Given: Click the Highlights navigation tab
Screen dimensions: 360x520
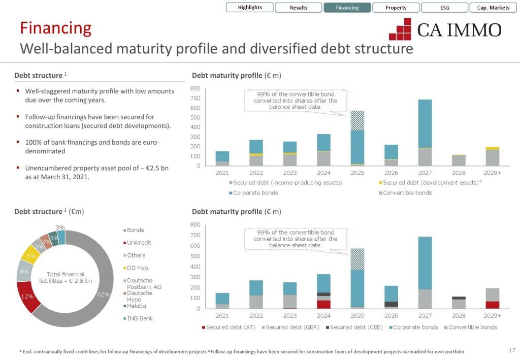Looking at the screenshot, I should (250, 8).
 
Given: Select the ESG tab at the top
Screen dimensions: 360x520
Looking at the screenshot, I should (445, 8).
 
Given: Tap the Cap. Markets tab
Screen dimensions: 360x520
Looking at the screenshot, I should (493, 8).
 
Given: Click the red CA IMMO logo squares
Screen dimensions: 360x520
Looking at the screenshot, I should (400, 29).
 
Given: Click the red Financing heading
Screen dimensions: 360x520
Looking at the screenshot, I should (55, 28).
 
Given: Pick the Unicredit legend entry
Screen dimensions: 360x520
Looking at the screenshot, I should (139, 243).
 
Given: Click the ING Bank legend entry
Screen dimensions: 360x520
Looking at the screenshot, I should (139, 318).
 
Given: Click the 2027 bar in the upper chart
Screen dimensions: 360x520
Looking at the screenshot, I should (425, 132).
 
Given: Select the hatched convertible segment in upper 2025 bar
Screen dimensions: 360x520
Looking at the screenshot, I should (357, 120).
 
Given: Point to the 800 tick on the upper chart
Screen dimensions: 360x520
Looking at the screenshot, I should (196, 89).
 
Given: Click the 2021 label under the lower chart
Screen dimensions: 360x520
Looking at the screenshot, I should (222, 316).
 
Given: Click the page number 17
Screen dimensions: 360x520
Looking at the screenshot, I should (511, 350).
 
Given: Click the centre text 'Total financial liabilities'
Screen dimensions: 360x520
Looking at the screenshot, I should (66, 277).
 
